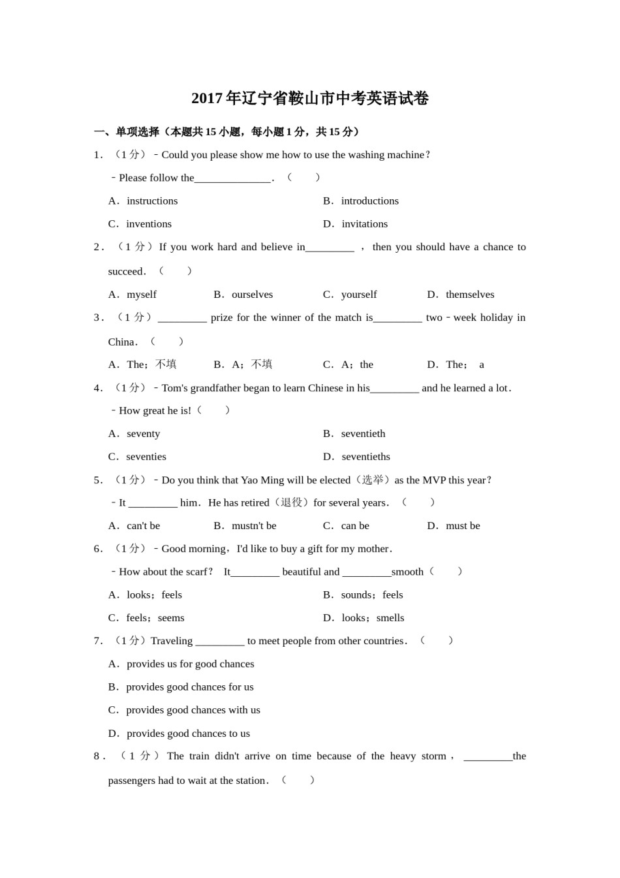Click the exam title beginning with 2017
(x=310, y=99)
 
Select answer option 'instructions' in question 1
(x=151, y=201)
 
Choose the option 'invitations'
(x=364, y=223)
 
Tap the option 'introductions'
(x=369, y=201)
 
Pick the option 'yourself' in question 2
(x=358, y=295)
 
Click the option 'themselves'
(x=469, y=295)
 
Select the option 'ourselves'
(x=252, y=295)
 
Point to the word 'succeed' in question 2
(x=125, y=271)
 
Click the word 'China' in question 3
(x=121, y=342)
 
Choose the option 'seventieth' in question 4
(x=363, y=434)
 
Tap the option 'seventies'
(x=146, y=457)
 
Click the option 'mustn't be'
(x=254, y=526)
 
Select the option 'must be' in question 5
(x=463, y=526)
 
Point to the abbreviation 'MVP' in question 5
(x=434, y=480)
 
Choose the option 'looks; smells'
(x=372, y=618)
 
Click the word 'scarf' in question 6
(x=196, y=572)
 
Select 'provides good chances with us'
(x=193, y=710)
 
